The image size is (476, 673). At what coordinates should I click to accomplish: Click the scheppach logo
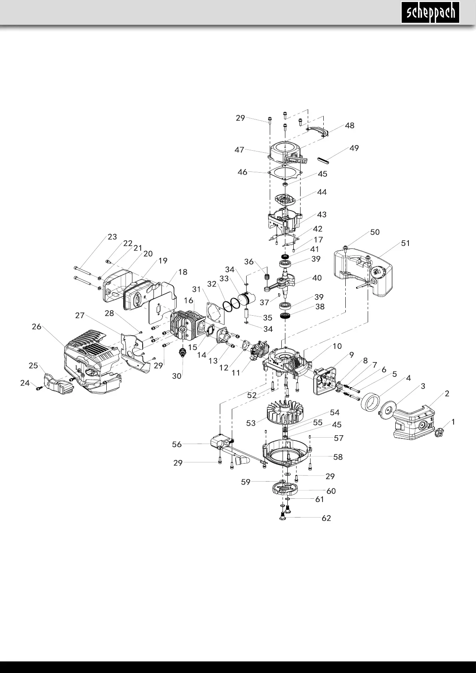pyautogui.click(x=430, y=13)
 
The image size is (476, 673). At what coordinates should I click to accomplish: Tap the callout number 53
pyautogui.click(x=251, y=423)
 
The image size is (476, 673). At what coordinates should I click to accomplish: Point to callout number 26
pyautogui.click(x=36, y=327)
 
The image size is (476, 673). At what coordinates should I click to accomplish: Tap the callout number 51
pyautogui.click(x=405, y=243)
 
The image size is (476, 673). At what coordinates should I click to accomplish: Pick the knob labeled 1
pyautogui.click(x=439, y=432)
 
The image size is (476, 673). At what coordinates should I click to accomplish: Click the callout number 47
pyautogui.click(x=239, y=150)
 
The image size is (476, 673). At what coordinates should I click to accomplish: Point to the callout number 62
pyautogui.click(x=326, y=518)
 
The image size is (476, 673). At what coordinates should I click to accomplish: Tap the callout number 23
pyautogui.click(x=112, y=237)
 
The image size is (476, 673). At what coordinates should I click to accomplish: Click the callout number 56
pyautogui.click(x=177, y=444)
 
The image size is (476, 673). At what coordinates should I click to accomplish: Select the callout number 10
pyautogui.click(x=337, y=346)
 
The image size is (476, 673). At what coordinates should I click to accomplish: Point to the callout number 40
pyautogui.click(x=317, y=278)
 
